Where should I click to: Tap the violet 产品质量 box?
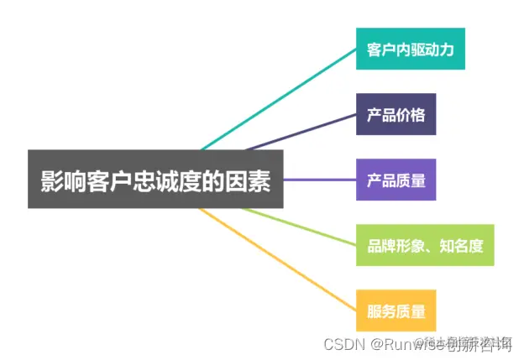tap(396, 180)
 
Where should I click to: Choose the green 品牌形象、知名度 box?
tap(425, 245)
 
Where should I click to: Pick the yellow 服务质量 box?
tap(396, 310)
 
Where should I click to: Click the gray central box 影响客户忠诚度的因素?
tap(156, 180)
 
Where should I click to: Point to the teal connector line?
tap(277, 96)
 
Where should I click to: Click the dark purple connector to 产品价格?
tap(302, 131)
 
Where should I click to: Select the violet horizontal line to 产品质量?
tap(319, 180)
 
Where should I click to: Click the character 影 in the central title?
tap(52, 180)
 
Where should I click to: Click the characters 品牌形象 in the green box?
tap(394, 245)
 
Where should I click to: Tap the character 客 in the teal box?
tap(375, 50)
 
